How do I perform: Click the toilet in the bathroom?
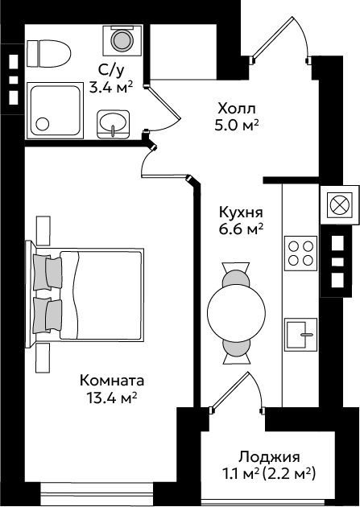click(48, 53)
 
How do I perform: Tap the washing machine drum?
click(122, 40)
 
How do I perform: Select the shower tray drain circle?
click(43, 124)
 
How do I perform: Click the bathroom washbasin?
click(113, 125)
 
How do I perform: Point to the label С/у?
click(111, 70)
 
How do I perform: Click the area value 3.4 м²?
click(111, 87)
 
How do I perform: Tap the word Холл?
click(237, 109)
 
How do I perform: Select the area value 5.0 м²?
click(237, 125)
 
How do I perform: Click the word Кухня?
click(241, 213)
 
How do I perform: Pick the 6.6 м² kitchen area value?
click(241, 229)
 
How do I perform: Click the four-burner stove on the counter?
click(300, 253)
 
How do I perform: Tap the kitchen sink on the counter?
click(300, 335)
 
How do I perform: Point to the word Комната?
click(112, 381)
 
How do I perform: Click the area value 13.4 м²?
click(112, 398)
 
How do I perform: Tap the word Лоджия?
click(269, 458)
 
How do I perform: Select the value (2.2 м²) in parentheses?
click(288, 474)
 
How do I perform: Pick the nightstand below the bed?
click(43, 357)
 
